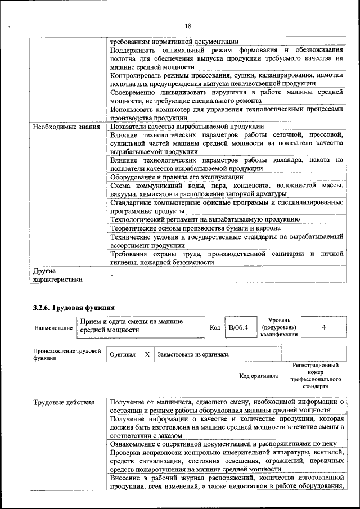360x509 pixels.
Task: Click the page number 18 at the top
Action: tap(188, 26)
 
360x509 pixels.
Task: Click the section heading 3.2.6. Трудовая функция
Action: tap(74, 307)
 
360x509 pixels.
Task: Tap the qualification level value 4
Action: tap(323, 327)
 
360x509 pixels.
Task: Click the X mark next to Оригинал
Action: tap(147, 355)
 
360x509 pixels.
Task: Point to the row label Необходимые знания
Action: tap(66, 127)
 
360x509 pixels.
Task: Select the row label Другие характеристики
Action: tap(57, 275)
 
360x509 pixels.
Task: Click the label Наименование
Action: tap(53, 328)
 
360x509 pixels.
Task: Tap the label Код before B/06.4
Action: tap(215, 327)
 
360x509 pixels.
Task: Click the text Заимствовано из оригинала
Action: tap(193, 355)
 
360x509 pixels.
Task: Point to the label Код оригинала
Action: tap(258, 376)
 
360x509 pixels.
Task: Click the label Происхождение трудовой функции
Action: tap(66, 354)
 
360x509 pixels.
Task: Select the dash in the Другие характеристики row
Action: tap(112, 274)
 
